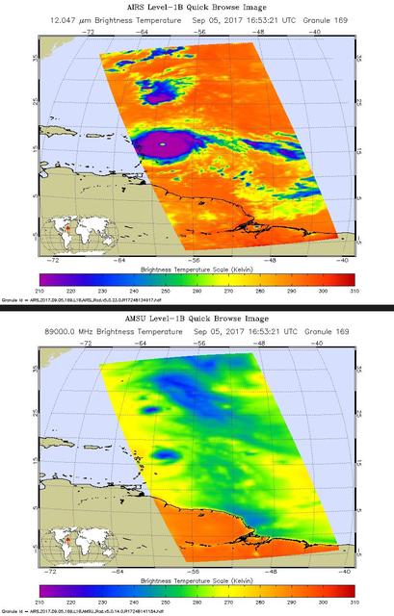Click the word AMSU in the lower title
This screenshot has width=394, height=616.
tap(127, 318)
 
